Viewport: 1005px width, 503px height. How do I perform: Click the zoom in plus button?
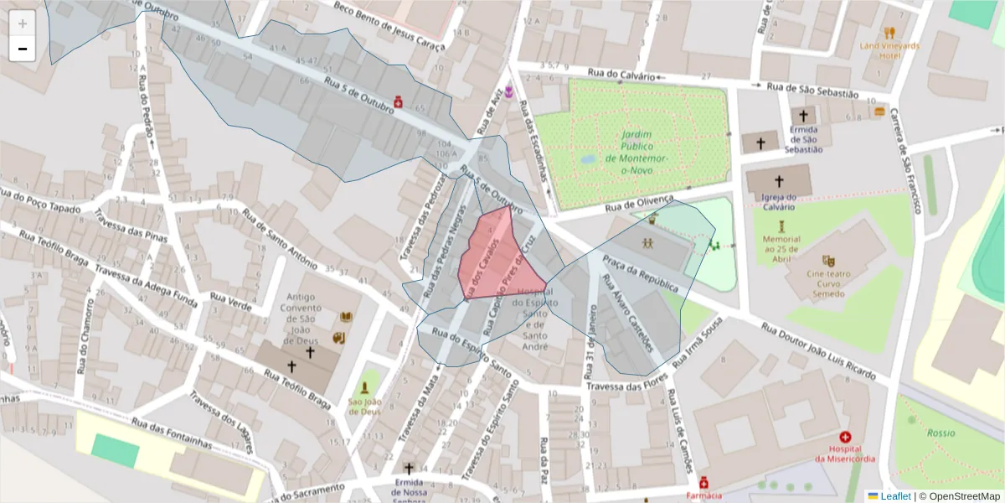23,23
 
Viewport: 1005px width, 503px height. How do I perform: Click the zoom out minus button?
23,49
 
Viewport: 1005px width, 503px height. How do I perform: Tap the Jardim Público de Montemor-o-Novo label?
636,152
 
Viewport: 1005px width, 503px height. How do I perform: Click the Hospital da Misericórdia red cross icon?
845,438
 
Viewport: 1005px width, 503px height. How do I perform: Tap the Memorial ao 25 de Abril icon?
781,226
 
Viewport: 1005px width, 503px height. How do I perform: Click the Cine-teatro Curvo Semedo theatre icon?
828,261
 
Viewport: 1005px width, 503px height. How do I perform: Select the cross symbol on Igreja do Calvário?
779,181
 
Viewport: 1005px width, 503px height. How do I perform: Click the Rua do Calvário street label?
621,75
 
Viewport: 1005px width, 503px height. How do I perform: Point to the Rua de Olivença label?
639,202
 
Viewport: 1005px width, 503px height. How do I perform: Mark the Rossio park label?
941,433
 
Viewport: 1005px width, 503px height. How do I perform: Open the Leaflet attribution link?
894,496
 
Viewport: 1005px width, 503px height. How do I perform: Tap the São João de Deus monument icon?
364,389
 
